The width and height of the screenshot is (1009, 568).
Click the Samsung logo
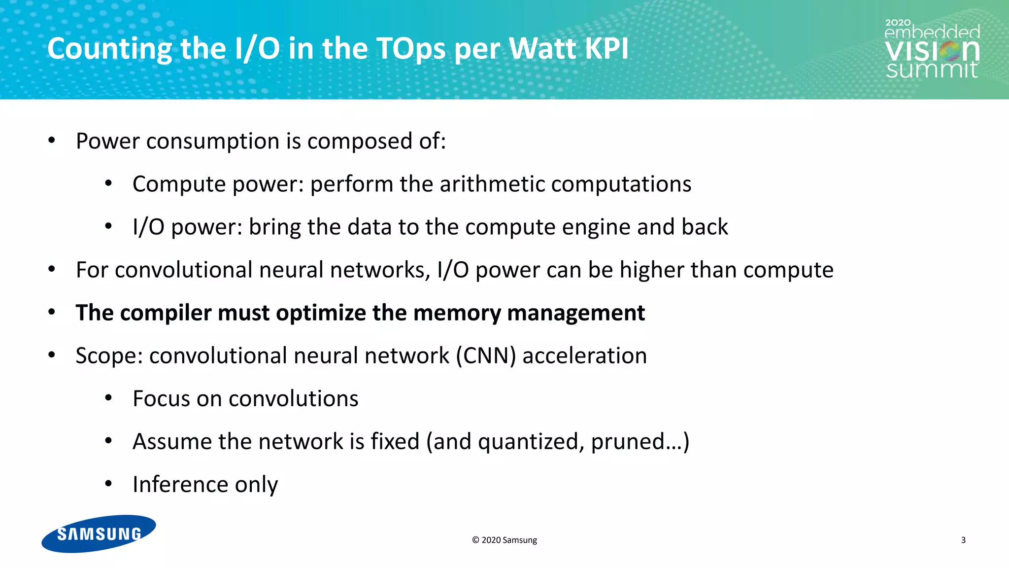99,533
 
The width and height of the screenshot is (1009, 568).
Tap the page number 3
963,540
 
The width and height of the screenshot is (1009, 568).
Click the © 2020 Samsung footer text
504,540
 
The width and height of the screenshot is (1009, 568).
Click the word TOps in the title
411,49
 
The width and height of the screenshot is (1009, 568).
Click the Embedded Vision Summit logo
932,49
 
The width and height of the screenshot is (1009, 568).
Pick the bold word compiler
166,313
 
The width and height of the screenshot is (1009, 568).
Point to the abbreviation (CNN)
486,356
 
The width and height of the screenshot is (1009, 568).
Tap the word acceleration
584,356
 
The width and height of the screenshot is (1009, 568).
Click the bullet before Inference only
109,484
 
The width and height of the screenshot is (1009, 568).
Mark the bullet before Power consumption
52,141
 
